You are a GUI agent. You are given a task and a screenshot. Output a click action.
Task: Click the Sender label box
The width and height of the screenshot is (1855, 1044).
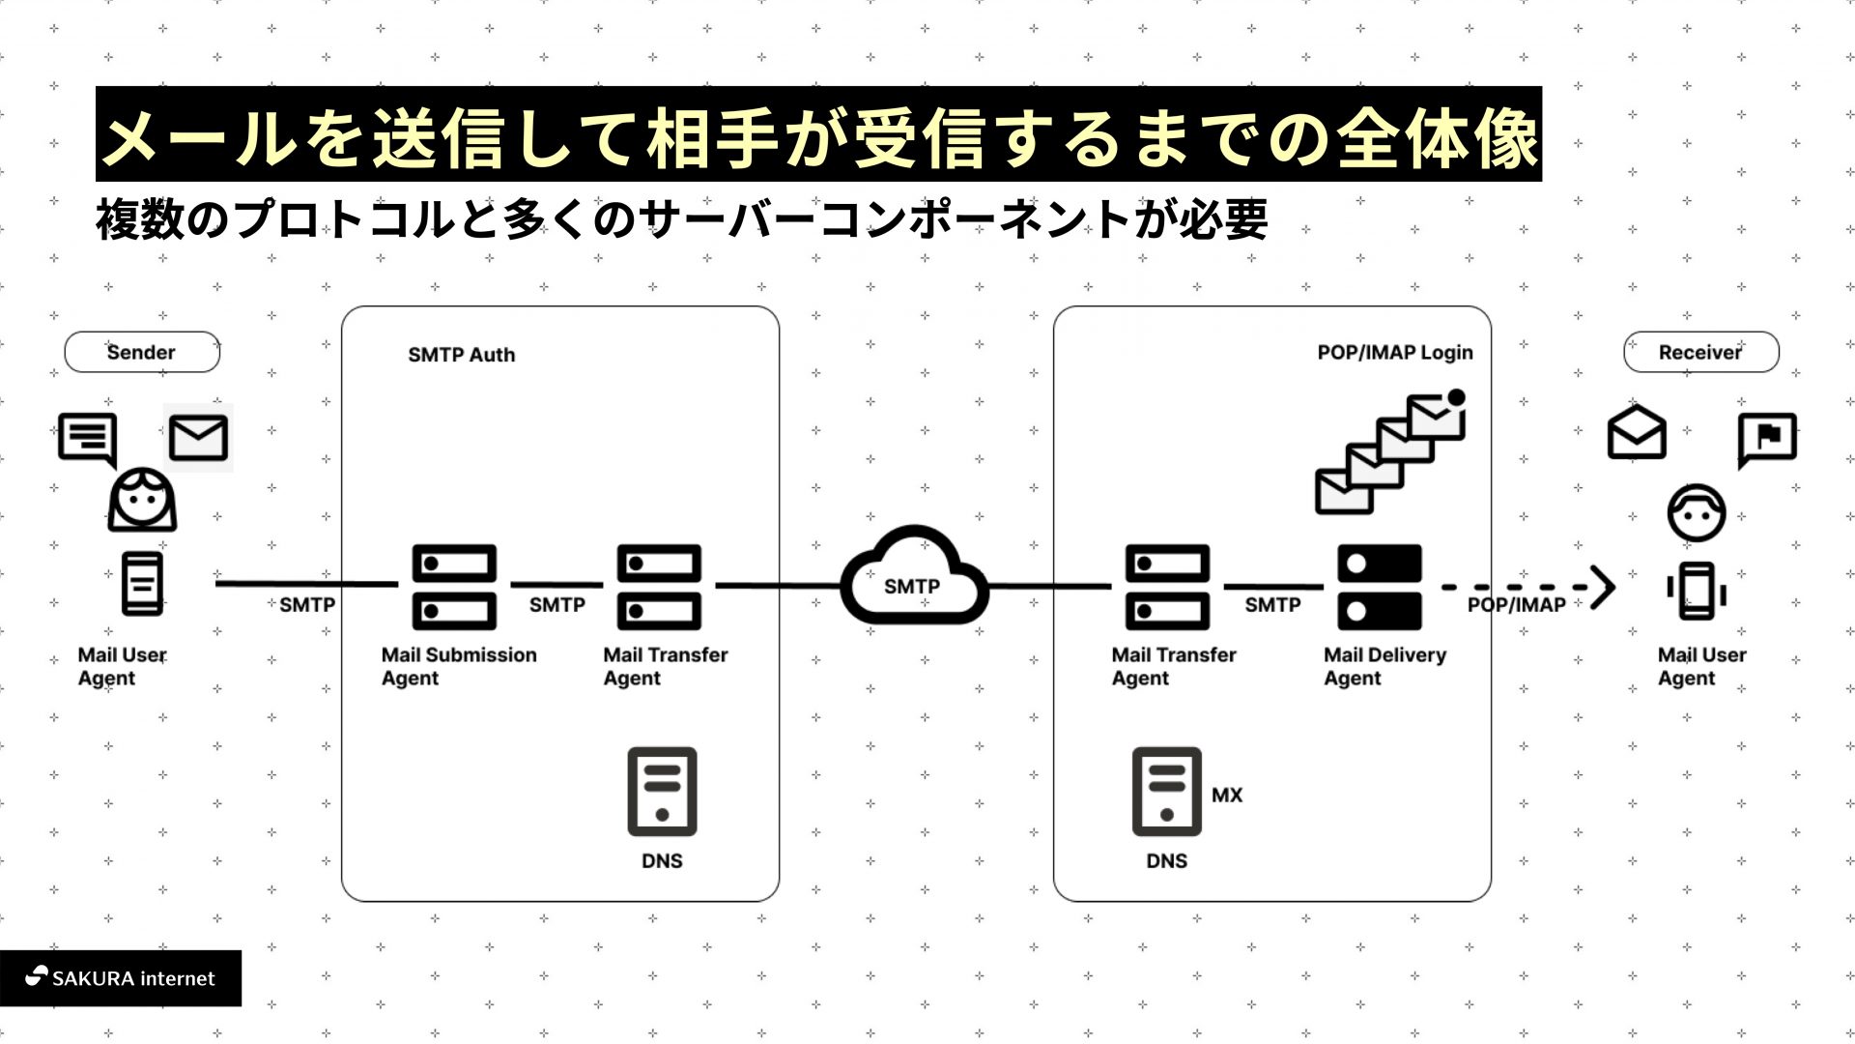coord(142,353)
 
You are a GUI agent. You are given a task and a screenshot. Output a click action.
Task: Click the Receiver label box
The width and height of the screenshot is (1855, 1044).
coord(1700,353)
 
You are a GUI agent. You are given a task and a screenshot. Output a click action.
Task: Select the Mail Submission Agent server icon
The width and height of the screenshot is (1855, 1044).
coord(454,587)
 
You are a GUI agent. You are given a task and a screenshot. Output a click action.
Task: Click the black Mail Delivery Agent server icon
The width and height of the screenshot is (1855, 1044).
coord(1379,587)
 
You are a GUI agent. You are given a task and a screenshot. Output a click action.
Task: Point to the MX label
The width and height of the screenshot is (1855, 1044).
coord(1227,796)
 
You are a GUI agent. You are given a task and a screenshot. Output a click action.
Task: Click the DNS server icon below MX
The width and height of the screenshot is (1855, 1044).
coord(1166,791)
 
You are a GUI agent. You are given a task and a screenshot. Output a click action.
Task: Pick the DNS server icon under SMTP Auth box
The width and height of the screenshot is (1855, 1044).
coord(662,791)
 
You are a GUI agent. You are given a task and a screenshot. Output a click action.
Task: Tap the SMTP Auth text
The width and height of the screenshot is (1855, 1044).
coord(461,355)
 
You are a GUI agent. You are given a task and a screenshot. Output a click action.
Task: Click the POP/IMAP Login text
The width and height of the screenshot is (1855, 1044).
coord(1394,353)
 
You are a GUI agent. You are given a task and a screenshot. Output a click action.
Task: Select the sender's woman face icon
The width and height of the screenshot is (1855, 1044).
coord(142,500)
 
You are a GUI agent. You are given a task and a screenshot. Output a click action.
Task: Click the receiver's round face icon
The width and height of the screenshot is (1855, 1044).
coord(1696,512)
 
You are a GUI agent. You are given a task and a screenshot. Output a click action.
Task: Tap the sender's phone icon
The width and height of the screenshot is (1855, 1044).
coord(142,584)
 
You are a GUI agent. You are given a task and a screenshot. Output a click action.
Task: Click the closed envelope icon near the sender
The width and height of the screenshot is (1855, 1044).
coord(198,438)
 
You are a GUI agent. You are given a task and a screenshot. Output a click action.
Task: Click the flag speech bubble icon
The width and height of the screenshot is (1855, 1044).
coord(1767,438)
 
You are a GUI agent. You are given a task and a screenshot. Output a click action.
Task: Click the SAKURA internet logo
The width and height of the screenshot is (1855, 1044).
coord(120,978)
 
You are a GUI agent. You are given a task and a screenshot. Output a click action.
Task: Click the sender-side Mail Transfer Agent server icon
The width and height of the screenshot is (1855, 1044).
coord(659,587)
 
